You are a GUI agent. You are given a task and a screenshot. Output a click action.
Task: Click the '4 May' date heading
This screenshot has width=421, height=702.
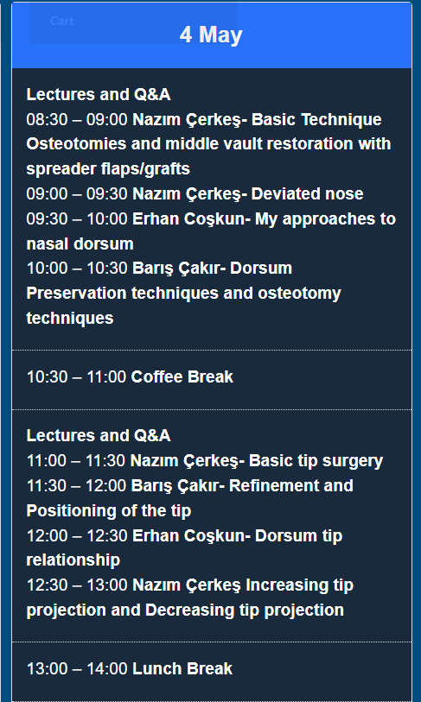click(211, 35)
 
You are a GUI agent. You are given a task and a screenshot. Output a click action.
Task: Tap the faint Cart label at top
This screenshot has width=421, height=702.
click(61, 21)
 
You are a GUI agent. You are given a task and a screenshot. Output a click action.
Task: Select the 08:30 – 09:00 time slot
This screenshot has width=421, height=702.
click(77, 119)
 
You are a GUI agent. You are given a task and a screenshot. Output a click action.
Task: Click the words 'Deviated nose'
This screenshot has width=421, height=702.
click(307, 194)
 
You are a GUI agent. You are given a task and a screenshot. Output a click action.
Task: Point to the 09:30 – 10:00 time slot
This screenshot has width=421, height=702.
click(77, 219)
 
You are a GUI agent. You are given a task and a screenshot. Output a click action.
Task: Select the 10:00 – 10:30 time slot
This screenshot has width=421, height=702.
click(77, 269)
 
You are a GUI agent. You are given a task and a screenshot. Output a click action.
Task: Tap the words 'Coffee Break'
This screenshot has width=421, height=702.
click(182, 377)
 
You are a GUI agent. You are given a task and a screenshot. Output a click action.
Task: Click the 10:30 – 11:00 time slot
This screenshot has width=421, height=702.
click(76, 377)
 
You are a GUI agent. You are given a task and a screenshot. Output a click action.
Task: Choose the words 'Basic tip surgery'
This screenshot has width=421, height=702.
click(316, 461)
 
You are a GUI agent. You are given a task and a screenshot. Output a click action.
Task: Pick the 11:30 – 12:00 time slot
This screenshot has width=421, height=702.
click(76, 486)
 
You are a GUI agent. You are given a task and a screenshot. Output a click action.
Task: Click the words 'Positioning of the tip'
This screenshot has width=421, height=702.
click(109, 511)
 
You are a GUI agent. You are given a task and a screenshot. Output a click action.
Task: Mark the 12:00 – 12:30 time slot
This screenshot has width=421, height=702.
click(77, 536)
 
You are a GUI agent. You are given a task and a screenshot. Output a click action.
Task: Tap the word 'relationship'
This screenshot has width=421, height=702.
click(73, 560)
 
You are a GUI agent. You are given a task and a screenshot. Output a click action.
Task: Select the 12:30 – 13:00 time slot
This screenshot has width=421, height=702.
click(77, 585)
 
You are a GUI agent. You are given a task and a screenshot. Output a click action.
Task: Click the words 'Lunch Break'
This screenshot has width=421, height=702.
click(182, 669)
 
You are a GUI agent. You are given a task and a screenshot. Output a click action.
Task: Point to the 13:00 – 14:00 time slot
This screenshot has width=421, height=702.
click(77, 669)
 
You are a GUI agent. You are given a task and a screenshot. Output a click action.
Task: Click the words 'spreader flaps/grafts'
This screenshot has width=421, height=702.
click(108, 168)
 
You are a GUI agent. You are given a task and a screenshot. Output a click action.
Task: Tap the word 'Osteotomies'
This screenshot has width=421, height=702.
click(70, 144)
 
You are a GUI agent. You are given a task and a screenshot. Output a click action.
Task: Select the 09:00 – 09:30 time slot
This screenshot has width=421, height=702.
click(77, 194)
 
